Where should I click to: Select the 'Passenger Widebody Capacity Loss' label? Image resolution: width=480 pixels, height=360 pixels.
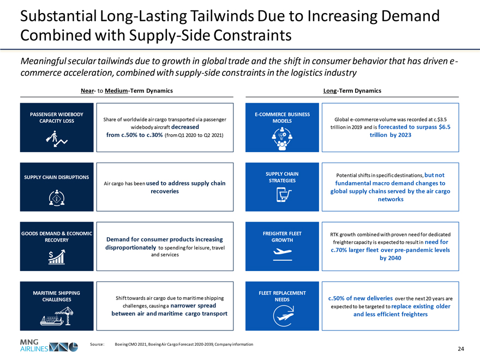tap(57, 117)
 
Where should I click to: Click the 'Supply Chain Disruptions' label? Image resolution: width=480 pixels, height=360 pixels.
tap(57, 177)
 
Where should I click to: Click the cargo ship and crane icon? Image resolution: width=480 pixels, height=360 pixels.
tap(57, 316)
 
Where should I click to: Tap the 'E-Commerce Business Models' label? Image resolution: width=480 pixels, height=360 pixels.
tap(282, 117)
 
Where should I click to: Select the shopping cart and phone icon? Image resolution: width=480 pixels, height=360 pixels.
tap(283, 195)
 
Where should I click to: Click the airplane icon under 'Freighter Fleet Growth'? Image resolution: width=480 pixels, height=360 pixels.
tap(283, 254)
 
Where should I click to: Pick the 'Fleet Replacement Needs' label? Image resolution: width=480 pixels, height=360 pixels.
tap(282, 296)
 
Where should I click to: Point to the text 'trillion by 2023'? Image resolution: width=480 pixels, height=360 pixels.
tap(390, 135)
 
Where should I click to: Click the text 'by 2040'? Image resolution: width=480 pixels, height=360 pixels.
tap(390, 258)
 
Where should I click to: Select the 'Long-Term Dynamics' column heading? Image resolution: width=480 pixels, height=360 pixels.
tap(352, 91)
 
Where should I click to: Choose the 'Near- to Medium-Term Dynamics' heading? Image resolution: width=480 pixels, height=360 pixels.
tap(127, 91)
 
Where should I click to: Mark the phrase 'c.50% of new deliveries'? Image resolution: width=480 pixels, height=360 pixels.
tap(360, 298)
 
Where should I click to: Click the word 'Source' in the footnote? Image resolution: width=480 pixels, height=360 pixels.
tap(97, 345)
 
